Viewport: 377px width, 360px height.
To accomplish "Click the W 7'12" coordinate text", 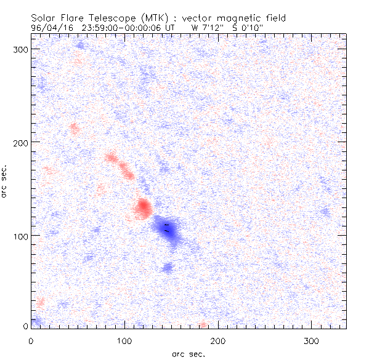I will tap(207, 28).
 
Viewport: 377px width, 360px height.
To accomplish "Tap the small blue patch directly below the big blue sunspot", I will tap(168, 267).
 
